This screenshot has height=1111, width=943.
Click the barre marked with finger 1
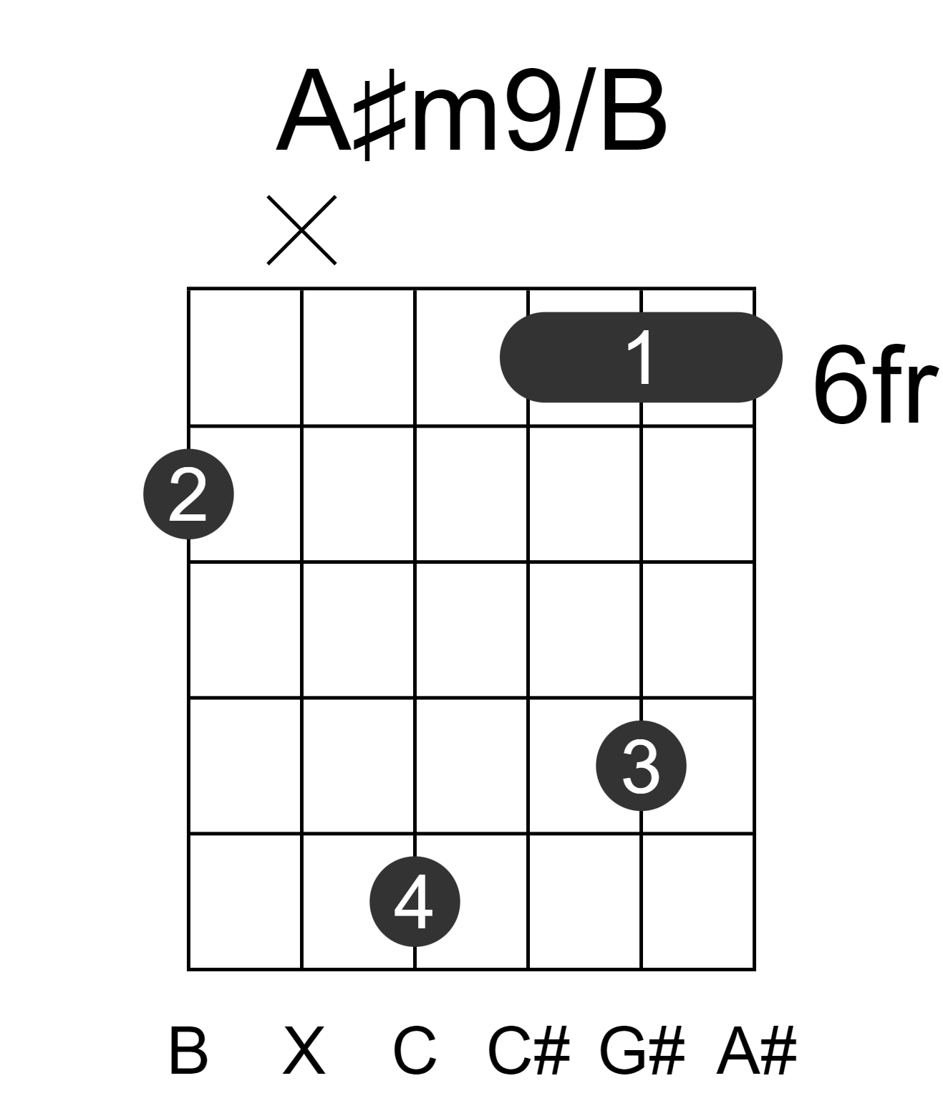pos(641,357)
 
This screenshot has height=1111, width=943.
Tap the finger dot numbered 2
pos(188,494)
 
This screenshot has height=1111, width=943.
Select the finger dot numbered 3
pos(641,766)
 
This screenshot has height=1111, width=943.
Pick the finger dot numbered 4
pos(415,901)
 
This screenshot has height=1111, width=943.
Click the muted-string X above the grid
pos(301,230)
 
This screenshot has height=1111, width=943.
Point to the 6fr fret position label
pos(875,384)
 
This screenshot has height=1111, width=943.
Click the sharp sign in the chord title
pos(380,115)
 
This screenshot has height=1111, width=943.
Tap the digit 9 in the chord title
pos(533,110)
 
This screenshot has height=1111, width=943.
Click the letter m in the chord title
pos(455,120)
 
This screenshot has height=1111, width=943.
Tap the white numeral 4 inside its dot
pos(413,901)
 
